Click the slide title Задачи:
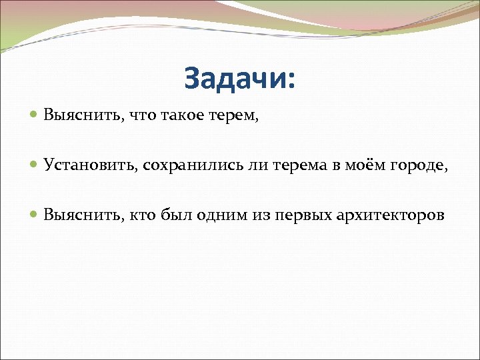pos(239,79)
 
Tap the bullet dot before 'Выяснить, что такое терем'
pos(35,115)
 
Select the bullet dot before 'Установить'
pos(35,165)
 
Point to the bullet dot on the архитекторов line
pos(35,215)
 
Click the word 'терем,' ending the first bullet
pos(235,115)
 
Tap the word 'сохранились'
pos(185,165)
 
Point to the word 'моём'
pos(365,165)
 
